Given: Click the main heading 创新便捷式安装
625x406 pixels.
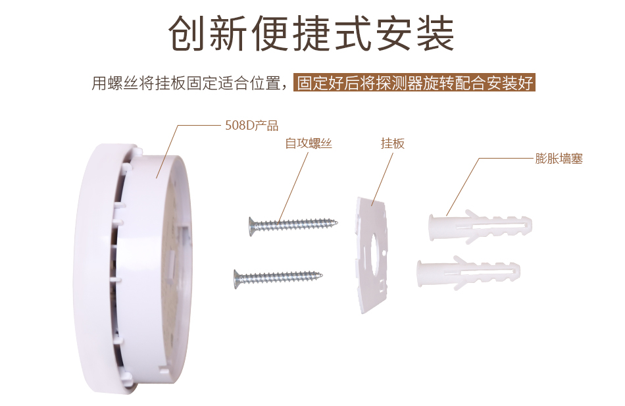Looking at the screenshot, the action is (311, 33).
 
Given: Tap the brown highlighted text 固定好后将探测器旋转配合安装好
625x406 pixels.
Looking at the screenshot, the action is (414, 83).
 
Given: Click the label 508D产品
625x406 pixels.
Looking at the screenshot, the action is (251, 126).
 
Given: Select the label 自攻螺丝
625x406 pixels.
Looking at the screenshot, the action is (309, 143).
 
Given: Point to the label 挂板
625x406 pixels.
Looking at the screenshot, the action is (393, 143).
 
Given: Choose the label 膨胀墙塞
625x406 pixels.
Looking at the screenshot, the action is (559, 159).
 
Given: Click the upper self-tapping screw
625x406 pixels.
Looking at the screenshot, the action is (293, 225).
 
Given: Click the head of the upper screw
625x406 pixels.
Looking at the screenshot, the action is (252, 226).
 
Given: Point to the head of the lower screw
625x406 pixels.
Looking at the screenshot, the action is (237, 279).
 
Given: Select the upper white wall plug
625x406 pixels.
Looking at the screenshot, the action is (480, 226).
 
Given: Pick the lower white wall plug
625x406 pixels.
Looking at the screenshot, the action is (468, 272).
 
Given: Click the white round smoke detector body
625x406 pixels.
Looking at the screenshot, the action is (134, 269).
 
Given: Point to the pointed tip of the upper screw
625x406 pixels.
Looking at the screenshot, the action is (337, 222).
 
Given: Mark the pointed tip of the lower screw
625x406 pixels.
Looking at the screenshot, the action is (322, 274).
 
